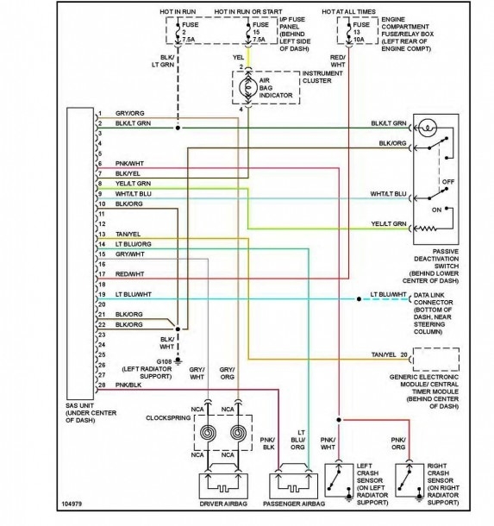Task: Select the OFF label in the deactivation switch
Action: tap(446, 182)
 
